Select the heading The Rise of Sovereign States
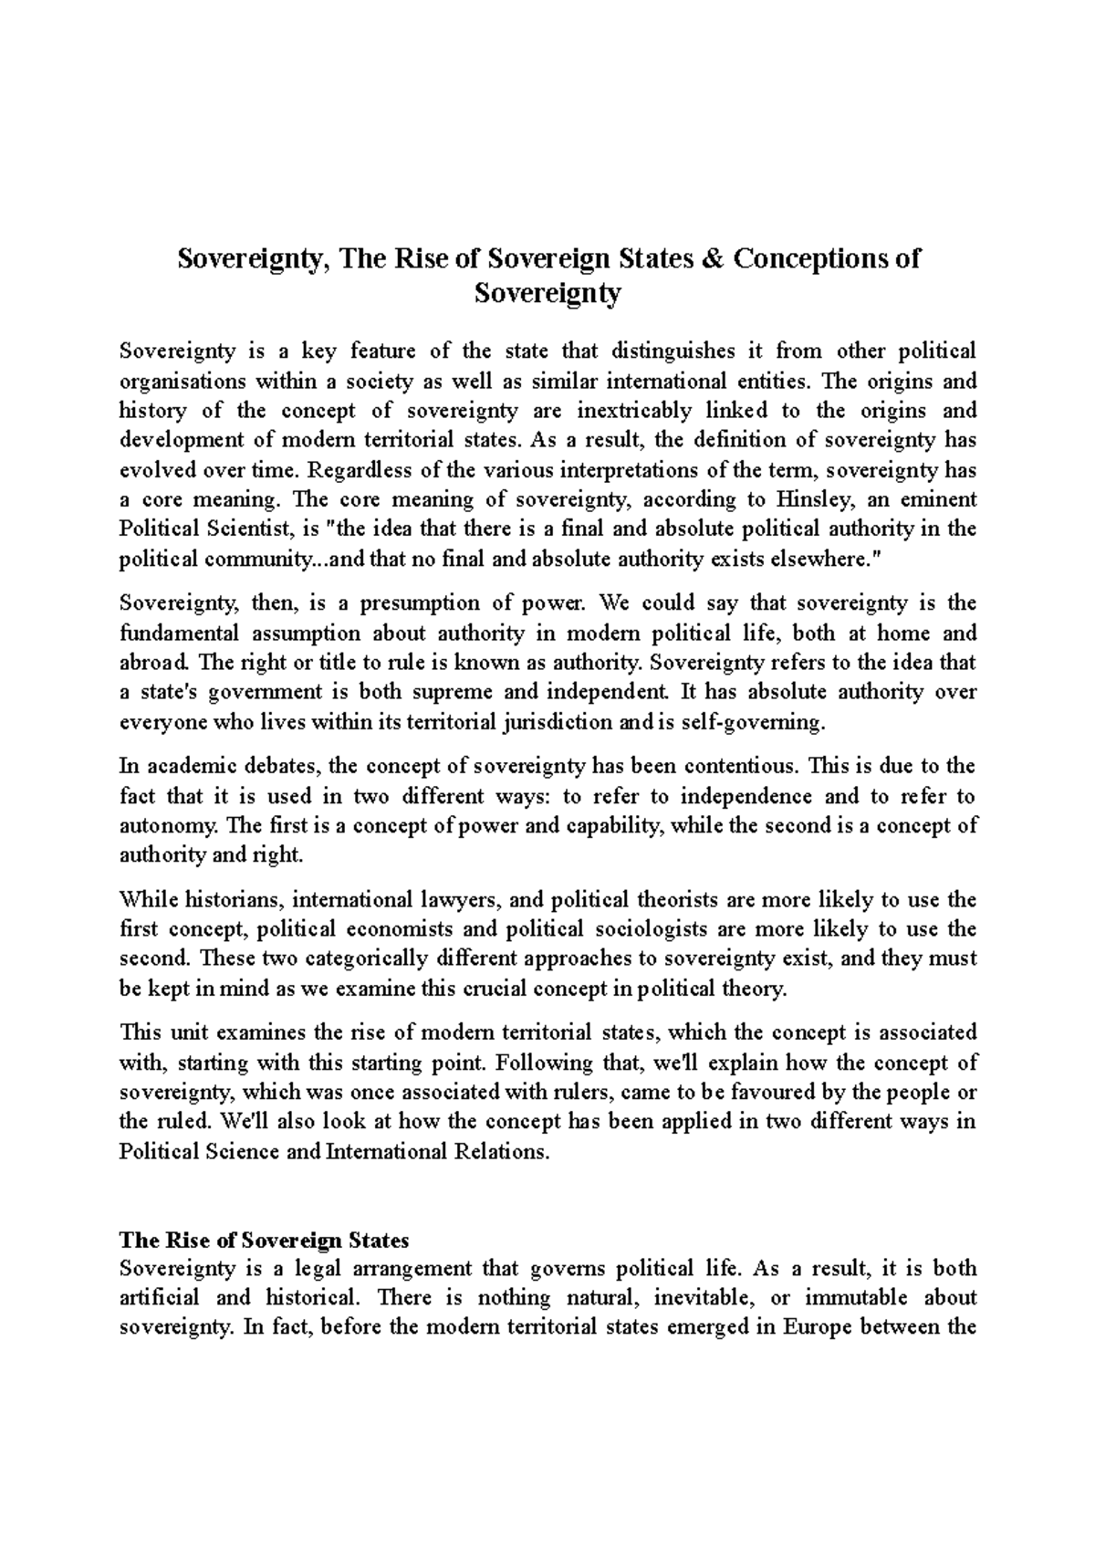(265, 1241)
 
